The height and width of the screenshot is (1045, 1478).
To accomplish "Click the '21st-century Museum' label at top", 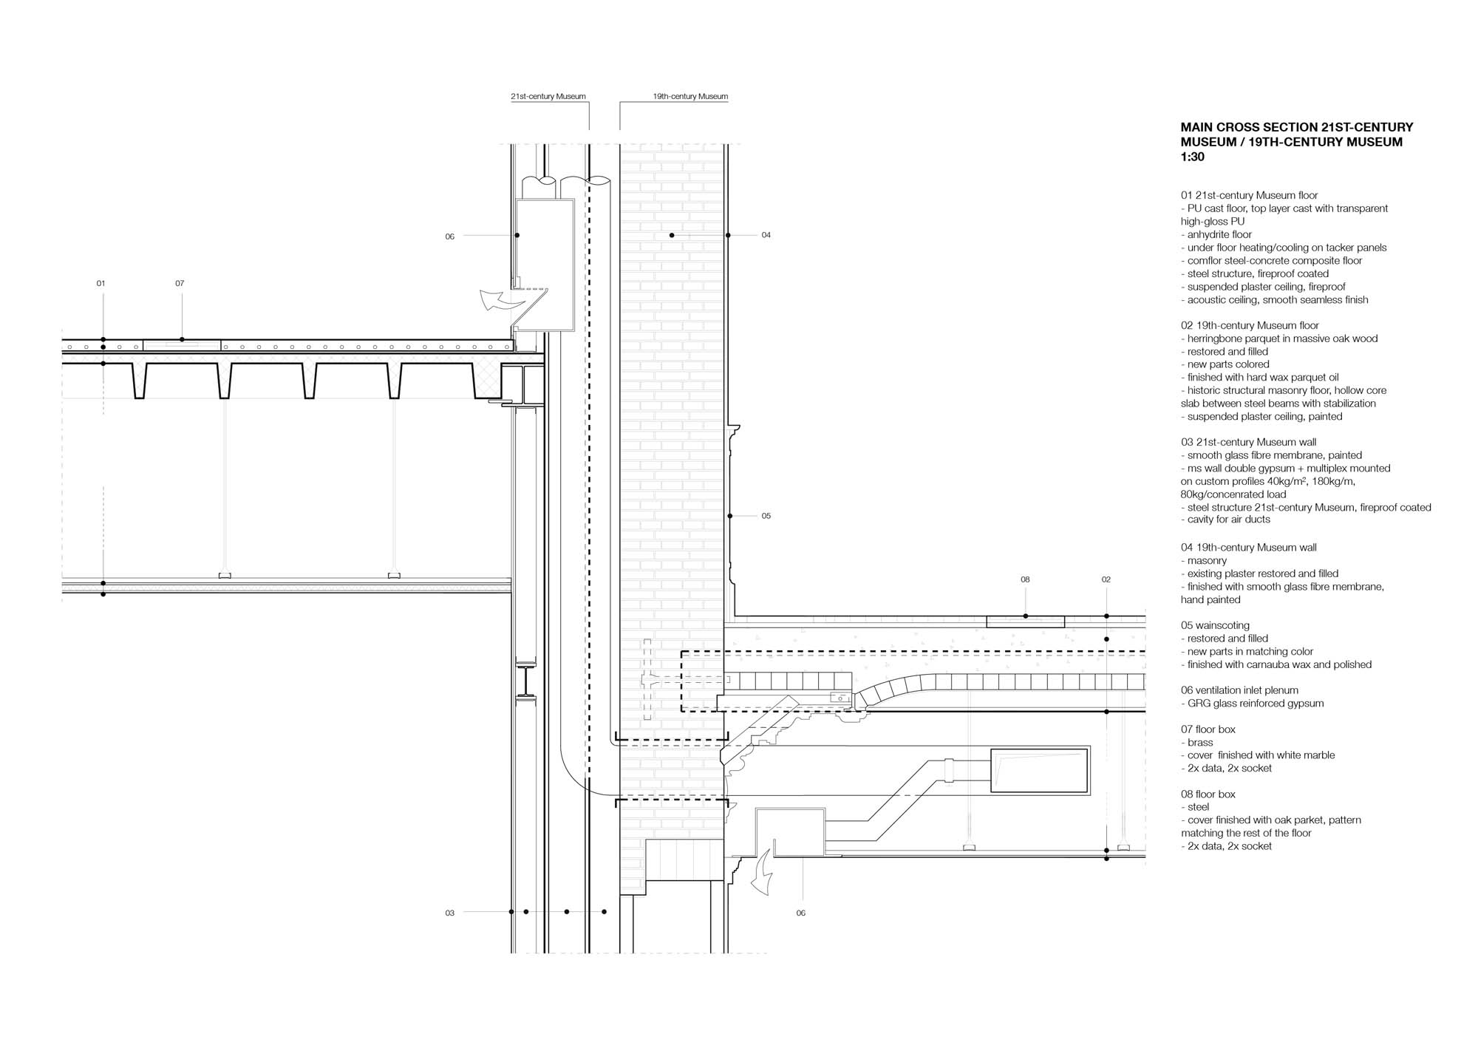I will click(x=548, y=97).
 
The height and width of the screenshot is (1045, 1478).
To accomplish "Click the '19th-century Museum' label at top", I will click(x=690, y=97).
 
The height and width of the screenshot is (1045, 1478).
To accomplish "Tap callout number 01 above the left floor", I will click(x=101, y=284).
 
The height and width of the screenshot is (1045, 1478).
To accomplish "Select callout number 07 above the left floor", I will click(x=180, y=284).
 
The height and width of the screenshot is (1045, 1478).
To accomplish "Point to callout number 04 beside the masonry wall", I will click(x=766, y=235).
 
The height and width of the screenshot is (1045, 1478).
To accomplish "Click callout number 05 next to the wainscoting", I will click(x=766, y=516).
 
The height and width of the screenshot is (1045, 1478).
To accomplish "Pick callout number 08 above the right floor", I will click(x=1025, y=580).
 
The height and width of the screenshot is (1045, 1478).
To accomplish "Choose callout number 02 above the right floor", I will click(x=1106, y=580).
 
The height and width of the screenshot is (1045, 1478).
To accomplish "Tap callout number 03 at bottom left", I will click(x=449, y=913).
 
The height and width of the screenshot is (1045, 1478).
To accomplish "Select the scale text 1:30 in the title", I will click(x=1192, y=157).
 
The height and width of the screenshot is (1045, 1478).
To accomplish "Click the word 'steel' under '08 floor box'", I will click(x=1198, y=807).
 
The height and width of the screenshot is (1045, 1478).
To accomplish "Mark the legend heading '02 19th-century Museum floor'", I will click(x=1249, y=326).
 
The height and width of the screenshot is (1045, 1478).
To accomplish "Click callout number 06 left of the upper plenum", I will click(x=449, y=236).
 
